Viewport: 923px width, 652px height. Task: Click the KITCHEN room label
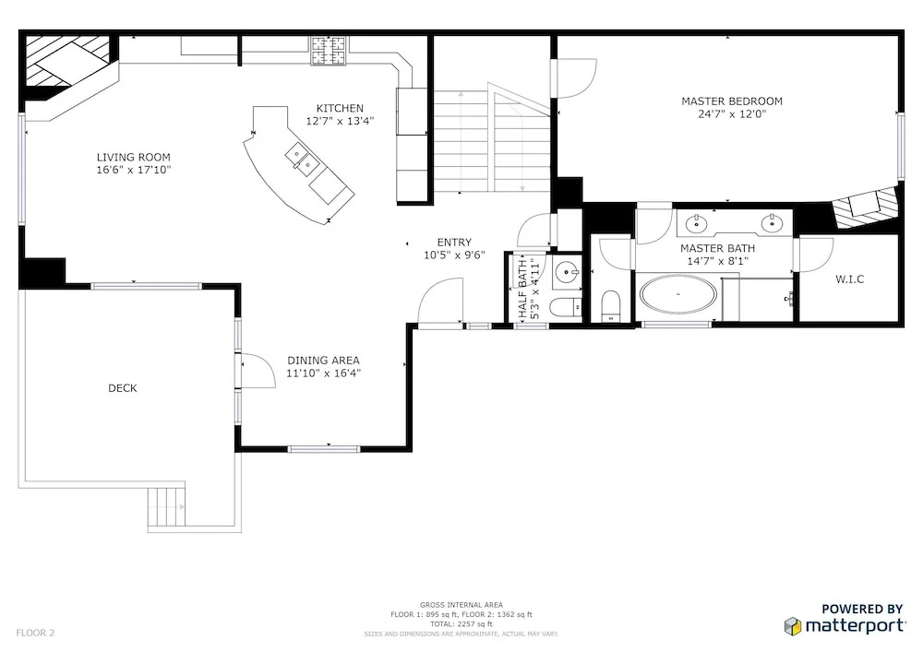tap(340, 108)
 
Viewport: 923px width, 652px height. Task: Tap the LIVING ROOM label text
tap(134, 157)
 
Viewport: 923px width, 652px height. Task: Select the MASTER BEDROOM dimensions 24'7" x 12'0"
tap(732, 114)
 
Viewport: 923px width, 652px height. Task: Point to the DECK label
tap(123, 388)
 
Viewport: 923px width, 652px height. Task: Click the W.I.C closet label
tap(849, 279)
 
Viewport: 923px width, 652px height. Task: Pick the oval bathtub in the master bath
tap(678, 293)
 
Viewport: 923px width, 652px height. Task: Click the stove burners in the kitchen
tap(329, 50)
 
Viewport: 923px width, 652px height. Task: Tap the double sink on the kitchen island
tap(302, 159)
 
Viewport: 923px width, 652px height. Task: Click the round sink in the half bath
tap(567, 272)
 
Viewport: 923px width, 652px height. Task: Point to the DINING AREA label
tap(323, 361)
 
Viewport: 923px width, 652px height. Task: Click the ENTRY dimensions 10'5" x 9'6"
tap(454, 255)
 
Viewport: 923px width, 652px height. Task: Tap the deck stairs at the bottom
tap(166, 506)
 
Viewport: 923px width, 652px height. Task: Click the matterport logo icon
tap(793, 626)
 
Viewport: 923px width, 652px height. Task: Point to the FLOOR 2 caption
tap(35, 633)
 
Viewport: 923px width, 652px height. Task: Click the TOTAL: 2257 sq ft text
tap(461, 623)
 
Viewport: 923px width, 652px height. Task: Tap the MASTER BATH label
tap(717, 249)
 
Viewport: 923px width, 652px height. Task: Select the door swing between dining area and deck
tap(258, 371)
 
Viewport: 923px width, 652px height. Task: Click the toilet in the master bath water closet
tap(611, 306)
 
